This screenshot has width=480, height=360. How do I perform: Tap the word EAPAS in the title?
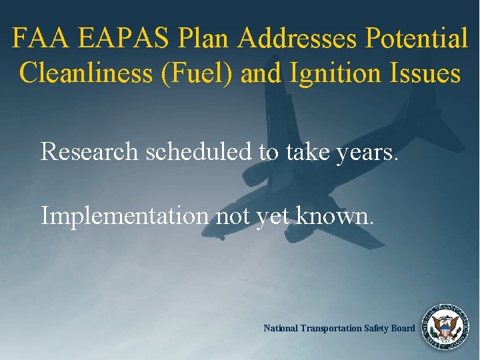click(125, 38)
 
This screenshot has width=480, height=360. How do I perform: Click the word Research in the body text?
click(91, 151)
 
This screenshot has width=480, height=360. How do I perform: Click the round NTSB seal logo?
click(443, 327)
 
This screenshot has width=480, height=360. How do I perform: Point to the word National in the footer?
click(281, 328)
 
